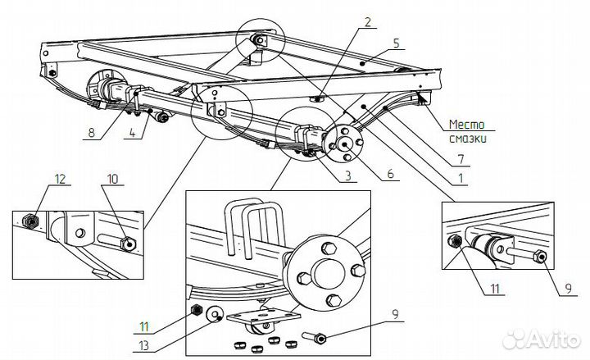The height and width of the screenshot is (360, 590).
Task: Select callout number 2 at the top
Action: point(368,22)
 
